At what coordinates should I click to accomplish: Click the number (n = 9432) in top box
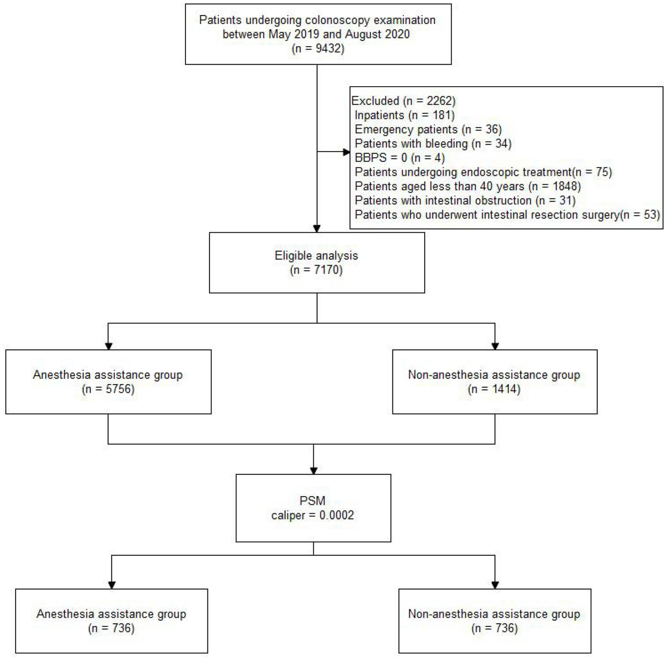[318, 49]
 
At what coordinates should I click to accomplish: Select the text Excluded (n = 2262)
[403, 101]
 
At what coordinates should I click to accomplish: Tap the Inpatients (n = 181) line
[404, 115]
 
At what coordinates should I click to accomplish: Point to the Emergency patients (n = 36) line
[428, 130]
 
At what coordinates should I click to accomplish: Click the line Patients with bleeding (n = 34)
[433, 144]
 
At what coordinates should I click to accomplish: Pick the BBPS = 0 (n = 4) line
[400, 158]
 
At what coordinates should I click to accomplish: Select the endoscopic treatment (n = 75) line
[483, 172]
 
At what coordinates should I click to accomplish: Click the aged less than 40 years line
[467, 187]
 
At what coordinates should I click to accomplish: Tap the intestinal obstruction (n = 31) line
[465, 201]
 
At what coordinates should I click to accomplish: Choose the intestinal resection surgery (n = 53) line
[507, 215]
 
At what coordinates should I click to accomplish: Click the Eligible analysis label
[316, 256]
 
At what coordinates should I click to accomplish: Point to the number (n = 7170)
[316, 270]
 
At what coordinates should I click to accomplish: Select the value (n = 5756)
[108, 389]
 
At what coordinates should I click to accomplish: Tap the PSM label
[312, 501]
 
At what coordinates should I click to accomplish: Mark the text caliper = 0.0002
[312, 515]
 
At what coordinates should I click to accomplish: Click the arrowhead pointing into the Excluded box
[346, 152]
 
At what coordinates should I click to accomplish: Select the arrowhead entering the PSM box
[313, 471]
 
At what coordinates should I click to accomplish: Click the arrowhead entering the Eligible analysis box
[317, 229]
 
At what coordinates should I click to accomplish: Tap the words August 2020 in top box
[377, 34]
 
